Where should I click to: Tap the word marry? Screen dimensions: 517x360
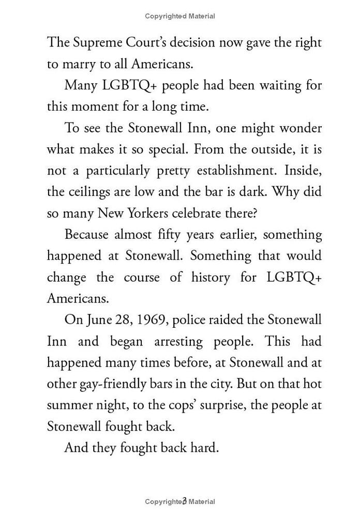[x=78, y=64]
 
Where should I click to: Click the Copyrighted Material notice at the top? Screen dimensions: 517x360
[x=180, y=16]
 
